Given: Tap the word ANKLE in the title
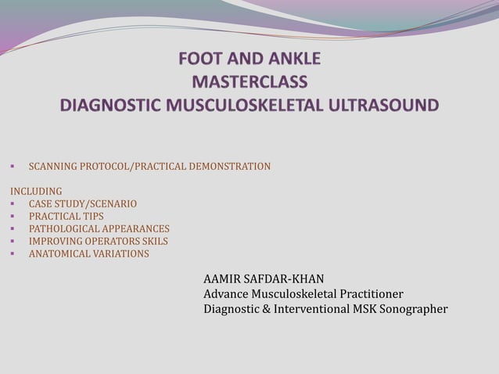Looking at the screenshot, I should (x=292, y=59).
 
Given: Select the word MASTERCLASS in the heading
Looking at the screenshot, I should (x=249, y=82).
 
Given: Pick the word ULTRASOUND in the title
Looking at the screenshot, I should (x=388, y=105).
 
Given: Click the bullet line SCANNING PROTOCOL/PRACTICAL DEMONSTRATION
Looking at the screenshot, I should (x=149, y=166).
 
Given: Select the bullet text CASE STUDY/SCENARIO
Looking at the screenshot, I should (x=83, y=203).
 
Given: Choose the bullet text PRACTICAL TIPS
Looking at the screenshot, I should (x=66, y=216).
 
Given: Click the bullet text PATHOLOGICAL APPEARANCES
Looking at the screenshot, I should (x=99, y=228).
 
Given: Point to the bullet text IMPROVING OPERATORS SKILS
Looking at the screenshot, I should (x=99, y=241).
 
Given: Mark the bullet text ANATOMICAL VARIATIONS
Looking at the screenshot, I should (x=88, y=254).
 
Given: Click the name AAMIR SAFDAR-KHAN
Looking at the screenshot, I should (x=264, y=279).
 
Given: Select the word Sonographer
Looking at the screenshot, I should (x=411, y=309).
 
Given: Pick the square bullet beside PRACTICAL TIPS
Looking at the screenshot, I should (x=13, y=216).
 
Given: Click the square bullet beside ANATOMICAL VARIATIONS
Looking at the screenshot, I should (x=13, y=254).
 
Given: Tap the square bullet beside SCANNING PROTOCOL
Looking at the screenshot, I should (x=13, y=166).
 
